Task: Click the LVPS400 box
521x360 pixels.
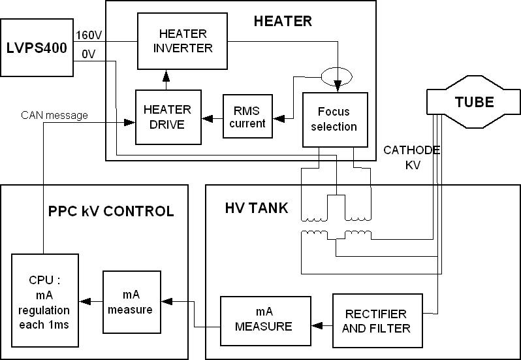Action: pyautogui.click(x=37, y=47)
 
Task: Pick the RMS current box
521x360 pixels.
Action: pyautogui.click(x=247, y=116)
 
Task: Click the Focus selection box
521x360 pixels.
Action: pyautogui.click(x=336, y=119)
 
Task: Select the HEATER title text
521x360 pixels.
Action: pyautogui.click(x=282, y=21)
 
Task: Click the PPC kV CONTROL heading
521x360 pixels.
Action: pyautogui.click(x=111, y=211)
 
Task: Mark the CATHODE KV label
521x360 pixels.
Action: pyautogui.click(x=411, y=157)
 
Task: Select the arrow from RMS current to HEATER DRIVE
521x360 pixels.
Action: pyautogui.click(x=212, y=119)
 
